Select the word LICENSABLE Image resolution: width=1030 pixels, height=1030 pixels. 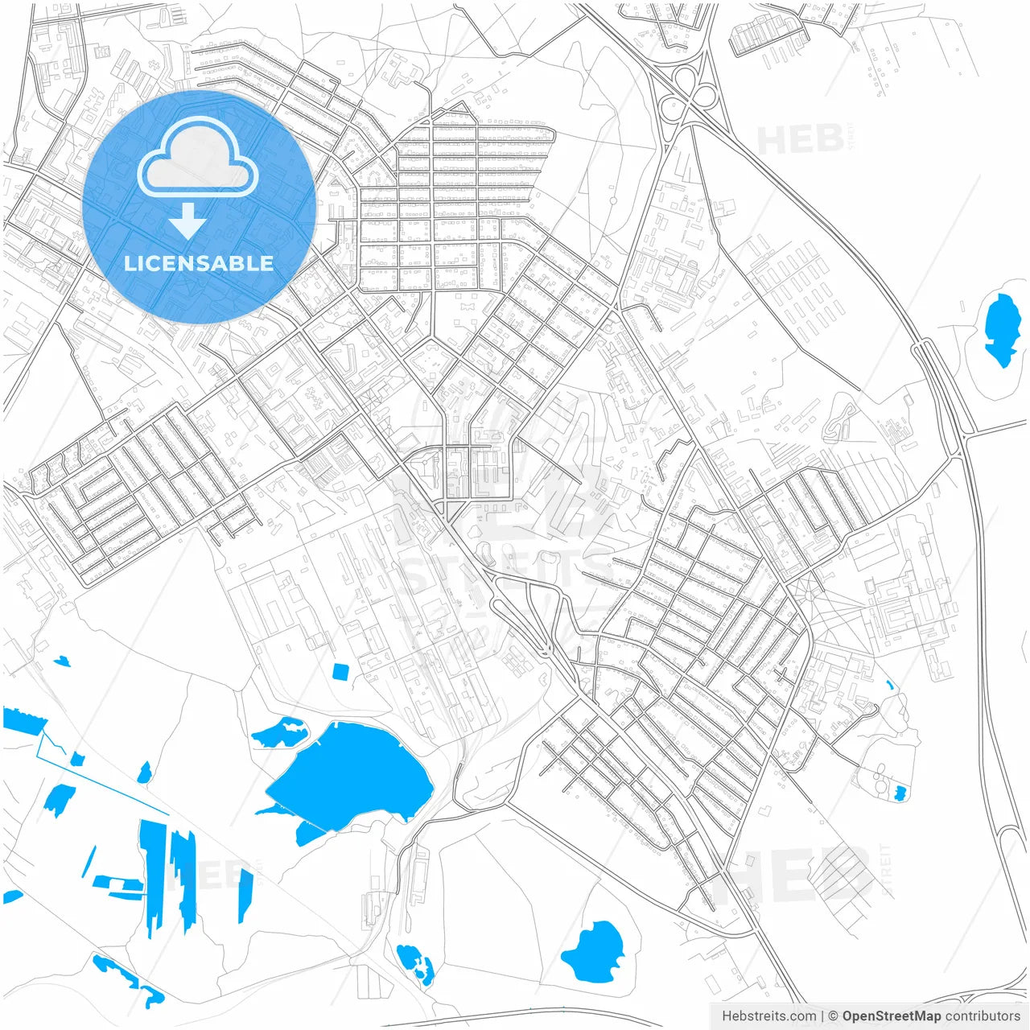click(199, 263)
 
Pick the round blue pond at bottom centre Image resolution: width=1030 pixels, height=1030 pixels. click(595, 952)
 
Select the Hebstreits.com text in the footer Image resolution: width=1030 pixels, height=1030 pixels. click(768, 1016)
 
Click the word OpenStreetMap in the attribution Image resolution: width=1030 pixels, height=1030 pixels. click(891, 1016)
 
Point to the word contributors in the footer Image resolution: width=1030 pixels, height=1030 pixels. click(983, 1016)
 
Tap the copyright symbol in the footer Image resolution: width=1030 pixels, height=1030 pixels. click(834, 1016)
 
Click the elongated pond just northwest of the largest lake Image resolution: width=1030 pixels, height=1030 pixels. click(279, 731)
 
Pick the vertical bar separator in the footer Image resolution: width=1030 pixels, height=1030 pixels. click(822, 1016)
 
